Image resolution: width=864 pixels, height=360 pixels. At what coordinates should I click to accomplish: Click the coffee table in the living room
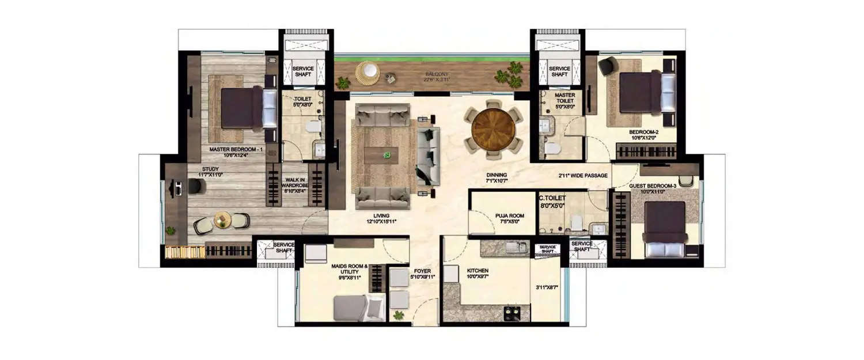pyautogui.click(x=381, y=155)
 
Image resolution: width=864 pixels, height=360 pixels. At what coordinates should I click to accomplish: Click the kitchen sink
pyautogui.click(x=514, y=248)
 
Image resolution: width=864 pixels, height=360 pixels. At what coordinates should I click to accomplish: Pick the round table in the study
pyautogui.click(x=222, y=219)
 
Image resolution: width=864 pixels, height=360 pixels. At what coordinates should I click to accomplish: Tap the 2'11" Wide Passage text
pyautogui.click(x=582, y=176)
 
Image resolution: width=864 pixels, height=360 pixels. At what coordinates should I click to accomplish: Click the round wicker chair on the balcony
pyautogui.click(x=367, y=72)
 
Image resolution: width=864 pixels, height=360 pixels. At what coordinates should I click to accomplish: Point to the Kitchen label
pyautogui.click(x=478, y=270)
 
